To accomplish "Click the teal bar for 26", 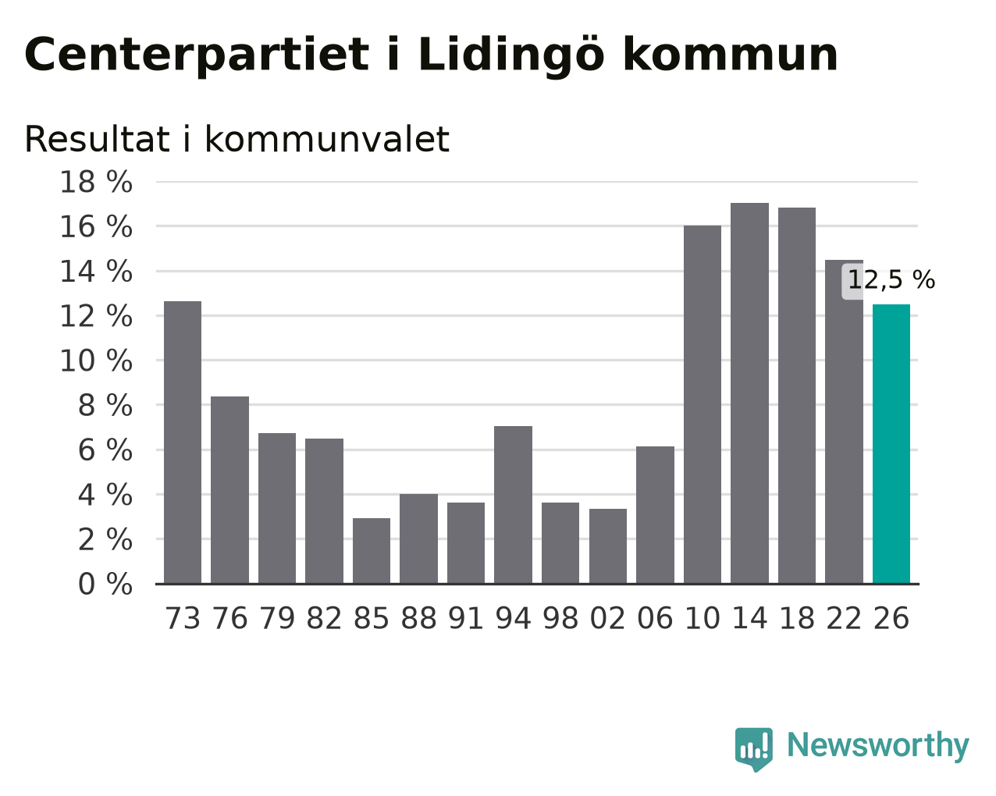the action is click(891, 444).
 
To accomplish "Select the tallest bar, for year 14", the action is click(749, 393).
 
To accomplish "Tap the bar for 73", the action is click(183, 442).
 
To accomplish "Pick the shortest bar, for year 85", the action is click(372, 551).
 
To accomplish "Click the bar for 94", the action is click(513, 505).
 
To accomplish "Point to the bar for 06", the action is click(655, 515).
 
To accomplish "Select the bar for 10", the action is click(702, 404).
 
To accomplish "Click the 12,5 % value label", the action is click(891, 280).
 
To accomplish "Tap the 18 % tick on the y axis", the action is click(96, 182).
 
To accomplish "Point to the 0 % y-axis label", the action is click(105, 584).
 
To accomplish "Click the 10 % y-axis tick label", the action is click(96, 361).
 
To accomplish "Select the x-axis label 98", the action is click(560, 618).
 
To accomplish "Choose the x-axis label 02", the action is click(608, 618).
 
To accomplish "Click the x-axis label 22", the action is click(844, 618).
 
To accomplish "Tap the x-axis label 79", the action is click(277, 618).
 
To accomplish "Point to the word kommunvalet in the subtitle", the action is click(327, 139).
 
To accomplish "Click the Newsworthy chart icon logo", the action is click(754, 750).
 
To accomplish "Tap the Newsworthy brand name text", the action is click(878, 746).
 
